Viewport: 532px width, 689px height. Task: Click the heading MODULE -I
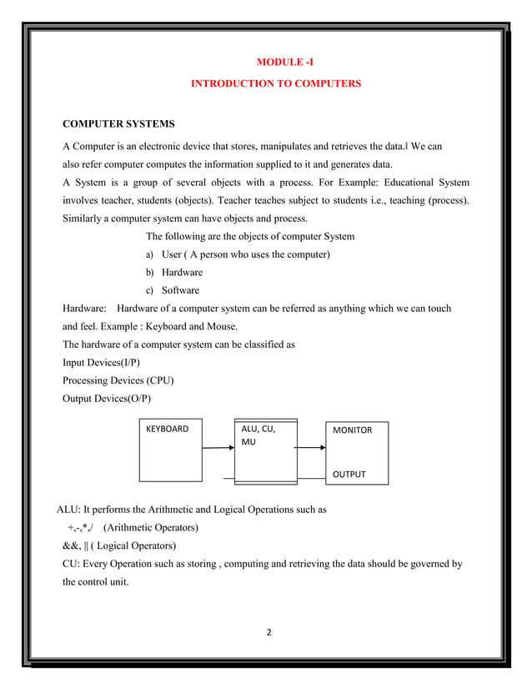coord(284,63)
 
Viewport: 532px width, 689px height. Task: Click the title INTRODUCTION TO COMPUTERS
coord(276,84)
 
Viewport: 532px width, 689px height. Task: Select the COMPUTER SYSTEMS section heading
coord(119,125)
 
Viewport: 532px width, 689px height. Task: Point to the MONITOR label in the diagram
coord(352,430)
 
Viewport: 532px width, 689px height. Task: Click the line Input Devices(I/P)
coord(107,364)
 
